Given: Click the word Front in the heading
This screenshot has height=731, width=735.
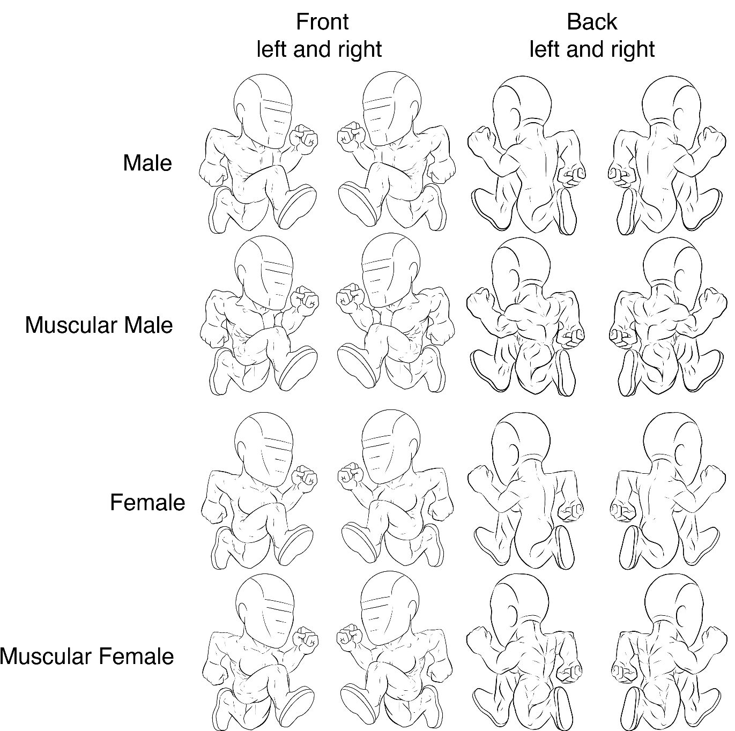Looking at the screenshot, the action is pyautogui.click(x=322, y=22).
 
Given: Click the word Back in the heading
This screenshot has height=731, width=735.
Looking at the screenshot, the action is pyautogui.click(x=591, y=22).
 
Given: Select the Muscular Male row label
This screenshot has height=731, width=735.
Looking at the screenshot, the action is pyautogui.click(x=99, y=325).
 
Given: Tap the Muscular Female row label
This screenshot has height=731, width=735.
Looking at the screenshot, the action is pyautogui.click(x=87, y=657).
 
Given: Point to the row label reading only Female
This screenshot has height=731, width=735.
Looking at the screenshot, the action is pyautogui.click(x=147, y=502).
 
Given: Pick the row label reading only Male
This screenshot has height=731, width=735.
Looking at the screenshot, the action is pyautogui.click(x=147, y=163).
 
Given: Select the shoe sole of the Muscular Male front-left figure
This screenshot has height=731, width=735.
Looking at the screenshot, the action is pyautogui.click(x=298, y=369).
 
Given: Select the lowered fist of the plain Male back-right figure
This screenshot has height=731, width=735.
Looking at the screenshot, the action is pyautogui.click(x=620, y=177).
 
